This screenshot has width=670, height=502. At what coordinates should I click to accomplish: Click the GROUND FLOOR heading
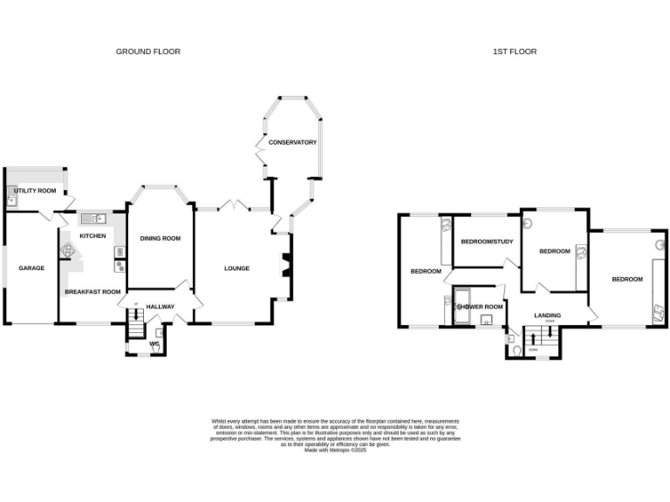point(148,51)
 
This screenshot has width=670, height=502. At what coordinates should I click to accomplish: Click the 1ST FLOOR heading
point(514,51)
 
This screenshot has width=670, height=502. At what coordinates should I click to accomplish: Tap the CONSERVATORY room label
point(292,142)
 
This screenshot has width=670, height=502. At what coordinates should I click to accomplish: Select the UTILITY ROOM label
point(35,191)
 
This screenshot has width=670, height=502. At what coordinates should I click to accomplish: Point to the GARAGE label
point(31,268)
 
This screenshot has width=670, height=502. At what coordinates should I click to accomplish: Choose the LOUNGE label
point(236,268)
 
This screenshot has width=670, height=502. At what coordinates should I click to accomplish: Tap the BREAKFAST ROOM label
point(92,292)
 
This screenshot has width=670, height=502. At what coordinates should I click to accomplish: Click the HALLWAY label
point(161,307)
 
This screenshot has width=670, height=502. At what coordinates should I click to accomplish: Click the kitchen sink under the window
point(92,219)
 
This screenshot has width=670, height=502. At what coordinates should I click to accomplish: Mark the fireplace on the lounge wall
point(284,265)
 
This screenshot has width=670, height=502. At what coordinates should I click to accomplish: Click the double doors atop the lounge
point(231,206)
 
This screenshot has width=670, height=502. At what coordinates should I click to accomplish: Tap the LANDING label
point(548,315)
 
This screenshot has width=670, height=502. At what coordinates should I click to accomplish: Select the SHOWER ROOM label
point(481,307)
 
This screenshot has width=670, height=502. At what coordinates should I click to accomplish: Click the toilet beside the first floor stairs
point(516,349)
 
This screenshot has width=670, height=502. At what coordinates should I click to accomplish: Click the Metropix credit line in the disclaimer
point(335,449)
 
